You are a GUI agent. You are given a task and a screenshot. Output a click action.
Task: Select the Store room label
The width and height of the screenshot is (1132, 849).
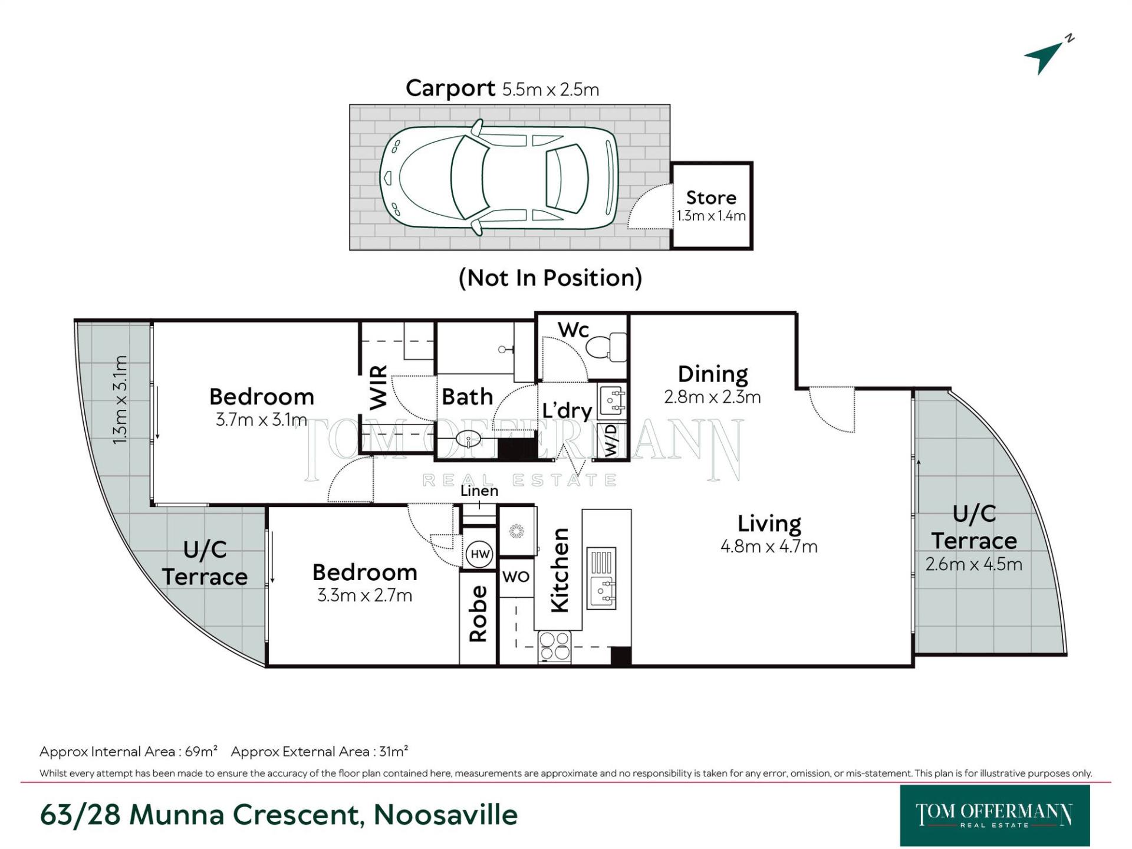point(711,198)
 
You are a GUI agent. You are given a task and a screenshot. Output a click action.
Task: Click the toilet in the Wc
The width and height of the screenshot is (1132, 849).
point(607,347)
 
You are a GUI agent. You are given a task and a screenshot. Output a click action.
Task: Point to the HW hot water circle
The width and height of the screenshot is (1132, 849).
point(480,554)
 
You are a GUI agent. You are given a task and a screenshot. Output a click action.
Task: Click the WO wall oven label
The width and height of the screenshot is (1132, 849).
point(516,577)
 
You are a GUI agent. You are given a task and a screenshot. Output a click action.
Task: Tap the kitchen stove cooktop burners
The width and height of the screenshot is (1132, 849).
point(555,646)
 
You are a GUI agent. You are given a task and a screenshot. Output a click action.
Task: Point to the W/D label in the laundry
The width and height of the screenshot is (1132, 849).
point(611,440)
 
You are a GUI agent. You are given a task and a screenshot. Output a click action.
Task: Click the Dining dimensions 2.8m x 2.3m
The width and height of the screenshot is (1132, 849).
point(712,397)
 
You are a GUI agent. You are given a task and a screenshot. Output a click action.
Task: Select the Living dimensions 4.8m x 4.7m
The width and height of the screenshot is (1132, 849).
point(769,547)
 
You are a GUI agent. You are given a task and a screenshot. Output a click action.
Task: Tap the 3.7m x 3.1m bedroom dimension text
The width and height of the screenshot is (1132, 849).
point(261,420)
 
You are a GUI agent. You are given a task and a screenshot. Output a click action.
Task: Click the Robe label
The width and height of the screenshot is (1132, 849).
point(478,613)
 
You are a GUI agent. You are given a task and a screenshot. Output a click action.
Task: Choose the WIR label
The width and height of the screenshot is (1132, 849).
point(379,387)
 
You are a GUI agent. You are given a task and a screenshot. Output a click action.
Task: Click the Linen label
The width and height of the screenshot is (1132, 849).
point(479,491)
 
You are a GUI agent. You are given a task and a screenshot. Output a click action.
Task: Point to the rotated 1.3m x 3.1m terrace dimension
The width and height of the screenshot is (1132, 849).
point(120,400)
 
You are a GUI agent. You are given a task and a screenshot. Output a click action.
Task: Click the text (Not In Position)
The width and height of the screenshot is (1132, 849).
point(550,278)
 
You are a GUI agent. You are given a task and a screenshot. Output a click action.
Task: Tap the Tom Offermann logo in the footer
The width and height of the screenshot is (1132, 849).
point(994,815)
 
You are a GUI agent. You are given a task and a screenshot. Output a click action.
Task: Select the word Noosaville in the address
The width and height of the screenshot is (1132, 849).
point(445,815)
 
